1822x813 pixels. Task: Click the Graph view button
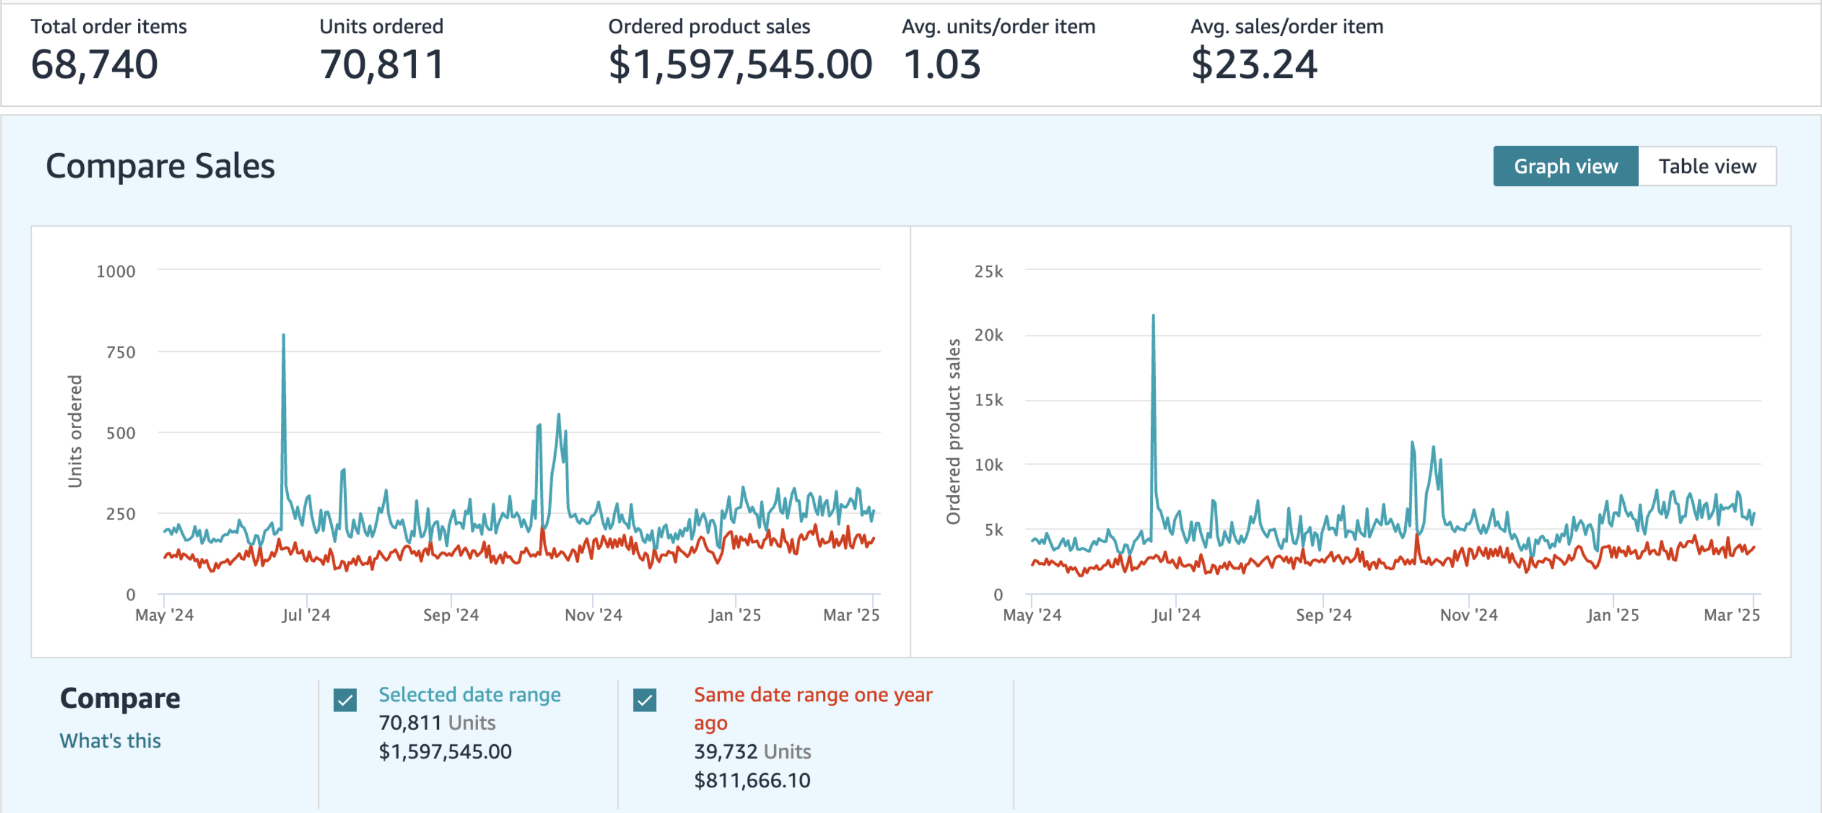click(x=1565, y=166)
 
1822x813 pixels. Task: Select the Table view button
click(x=1707, y=166)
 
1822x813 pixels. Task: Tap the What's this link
click(x=110, y=740)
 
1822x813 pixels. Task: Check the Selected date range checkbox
click(x=345, y=700)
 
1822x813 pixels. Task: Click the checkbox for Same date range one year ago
click(x=645, y=700)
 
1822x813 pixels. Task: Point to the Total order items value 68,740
click(x=94, y=65)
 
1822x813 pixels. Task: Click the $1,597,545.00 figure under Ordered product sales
click(x=740, y=65)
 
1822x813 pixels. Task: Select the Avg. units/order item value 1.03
click(x=942, y=65)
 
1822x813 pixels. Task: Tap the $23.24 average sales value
click(x=1254, y=65)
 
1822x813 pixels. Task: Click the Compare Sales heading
click(x=160, y=166)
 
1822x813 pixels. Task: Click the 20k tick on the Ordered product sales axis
click(x=989, y=335)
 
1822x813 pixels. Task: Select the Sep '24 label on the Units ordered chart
click(x=451, y=615)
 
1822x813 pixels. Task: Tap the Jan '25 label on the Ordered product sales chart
click(x=1613, y=615)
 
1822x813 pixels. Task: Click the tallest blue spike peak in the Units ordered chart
click(x=283, y=335)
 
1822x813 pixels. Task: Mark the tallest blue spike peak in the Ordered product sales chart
click(x=1153, y=315)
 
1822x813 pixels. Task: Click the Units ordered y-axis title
click(x=75, y=432)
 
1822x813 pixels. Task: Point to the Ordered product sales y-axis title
click(x=953, y=432)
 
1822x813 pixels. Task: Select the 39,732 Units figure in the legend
click(x=752, y=751)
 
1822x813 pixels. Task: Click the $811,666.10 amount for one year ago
click(x=752, y=780)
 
